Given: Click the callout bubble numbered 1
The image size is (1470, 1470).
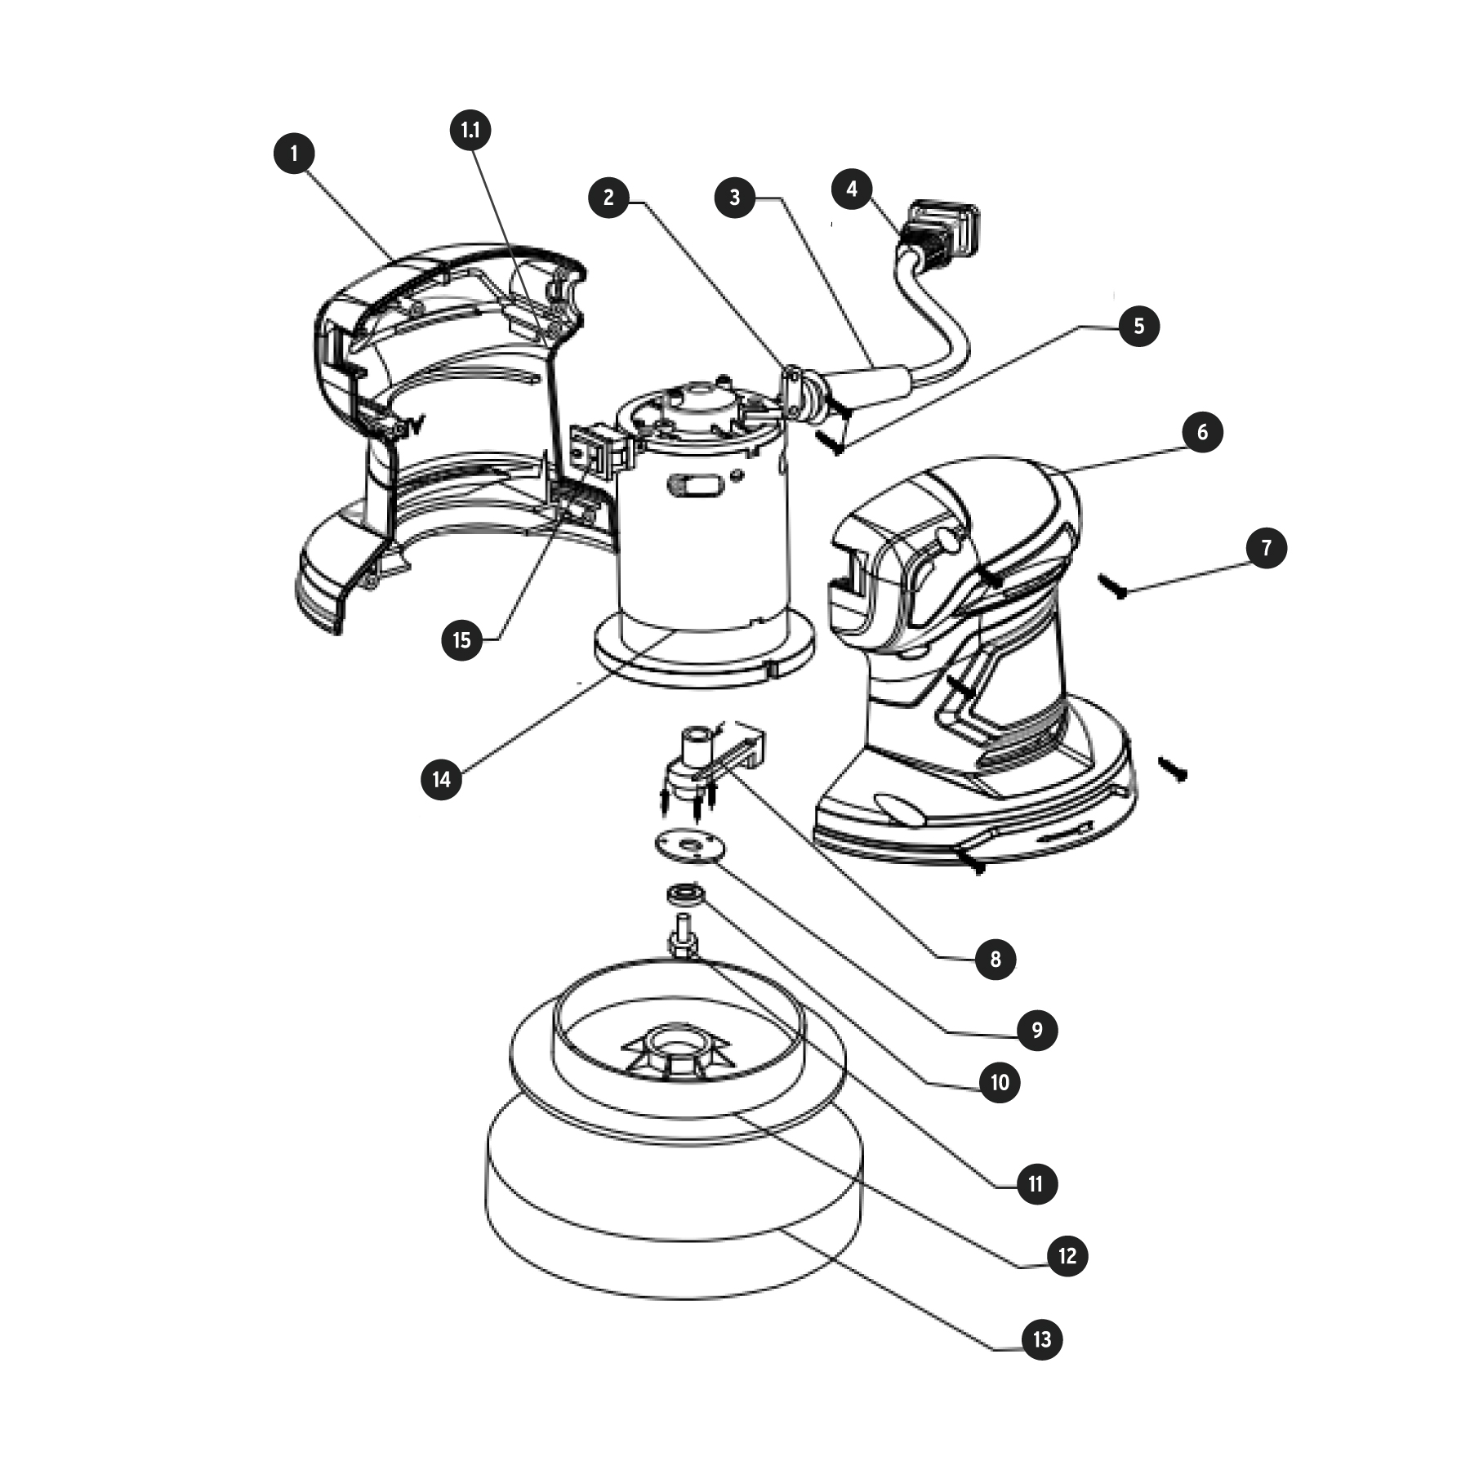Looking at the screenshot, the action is [x=294, y=154].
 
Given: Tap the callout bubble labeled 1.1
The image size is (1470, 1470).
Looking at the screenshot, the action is [x=471, y=131].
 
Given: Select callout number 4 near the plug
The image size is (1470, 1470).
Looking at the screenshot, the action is [x=853, y=189].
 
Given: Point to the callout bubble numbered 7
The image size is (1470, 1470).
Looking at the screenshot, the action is [x=1267, y=548].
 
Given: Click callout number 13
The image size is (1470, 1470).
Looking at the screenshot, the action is [x=1042, y=1339].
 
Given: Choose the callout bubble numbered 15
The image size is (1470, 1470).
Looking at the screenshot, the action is [x=462, y=639].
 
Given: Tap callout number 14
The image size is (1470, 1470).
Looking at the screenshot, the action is [x=441, y=779].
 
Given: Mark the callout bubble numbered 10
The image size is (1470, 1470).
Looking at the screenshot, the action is [x=1000, y=1083].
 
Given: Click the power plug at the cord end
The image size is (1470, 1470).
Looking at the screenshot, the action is [x=939, y=233].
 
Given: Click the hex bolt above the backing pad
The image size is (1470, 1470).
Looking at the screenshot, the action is [x=683, y=938].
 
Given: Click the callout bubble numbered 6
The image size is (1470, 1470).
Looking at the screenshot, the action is [x=1202, y=432].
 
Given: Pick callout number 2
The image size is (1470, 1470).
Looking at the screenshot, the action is [x=609, y=198].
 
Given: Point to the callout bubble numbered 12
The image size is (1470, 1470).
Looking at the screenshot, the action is [x=1067, y=1256].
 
